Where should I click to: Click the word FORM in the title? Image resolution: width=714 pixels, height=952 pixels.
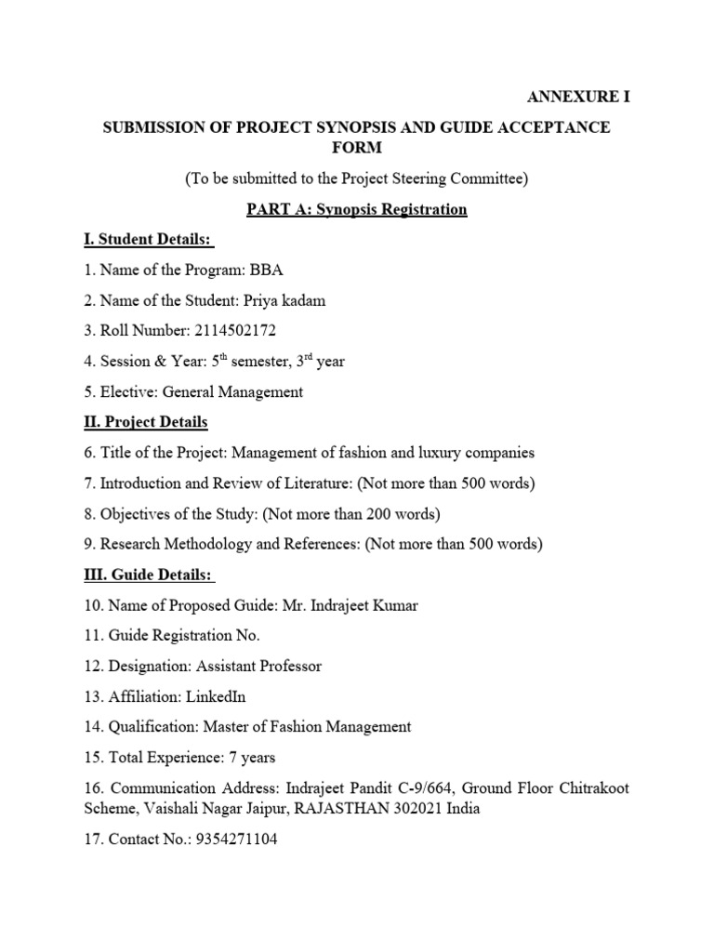(x=356, y=149)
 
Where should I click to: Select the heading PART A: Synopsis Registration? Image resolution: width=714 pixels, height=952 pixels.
(x=356, y=209)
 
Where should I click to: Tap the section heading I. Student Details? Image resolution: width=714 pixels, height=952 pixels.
(x=147, y=240)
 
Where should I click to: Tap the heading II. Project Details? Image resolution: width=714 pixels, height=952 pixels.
(x=145, y=422)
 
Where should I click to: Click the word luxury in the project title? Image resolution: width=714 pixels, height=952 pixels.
(x=443, y=453)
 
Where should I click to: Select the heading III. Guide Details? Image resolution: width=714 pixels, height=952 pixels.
(x=149, y=575)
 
